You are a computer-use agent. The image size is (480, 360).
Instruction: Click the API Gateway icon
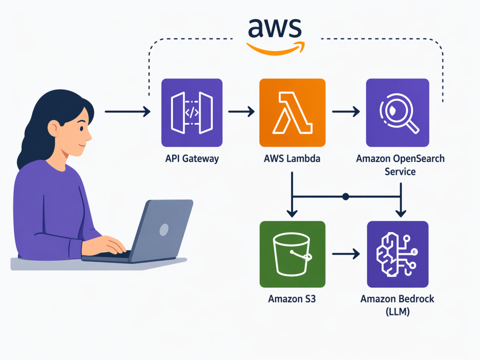click(x=192, y=112)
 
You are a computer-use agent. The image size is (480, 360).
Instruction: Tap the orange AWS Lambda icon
click(x=292, y=112)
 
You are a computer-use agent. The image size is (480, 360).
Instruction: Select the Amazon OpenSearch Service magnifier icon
click(x=397, y=112)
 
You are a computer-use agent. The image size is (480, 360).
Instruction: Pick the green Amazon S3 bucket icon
click(x=292, y=254)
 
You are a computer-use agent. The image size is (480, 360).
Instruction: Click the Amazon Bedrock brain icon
click(x=397, y=254)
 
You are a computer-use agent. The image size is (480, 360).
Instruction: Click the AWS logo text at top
click(x=275, y=28)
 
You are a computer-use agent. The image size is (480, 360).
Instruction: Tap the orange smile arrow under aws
click(x=276, y=48)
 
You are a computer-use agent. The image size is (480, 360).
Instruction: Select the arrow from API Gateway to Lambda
click(x=241, y=112)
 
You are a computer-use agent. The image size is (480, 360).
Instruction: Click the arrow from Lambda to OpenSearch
click(x=346, y=112)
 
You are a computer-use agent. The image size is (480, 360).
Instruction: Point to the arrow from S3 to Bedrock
click(x=346, y=254)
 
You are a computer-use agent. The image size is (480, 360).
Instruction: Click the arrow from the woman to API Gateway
click(x=127, y=112)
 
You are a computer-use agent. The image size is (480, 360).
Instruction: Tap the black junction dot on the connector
click(x=345, y=196)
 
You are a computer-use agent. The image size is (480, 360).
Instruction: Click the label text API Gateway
click(x=192, y=158)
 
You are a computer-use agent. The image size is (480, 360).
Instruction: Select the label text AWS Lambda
click(x=292, y=158)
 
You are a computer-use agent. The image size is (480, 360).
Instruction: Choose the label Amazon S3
click(x=292, y=299)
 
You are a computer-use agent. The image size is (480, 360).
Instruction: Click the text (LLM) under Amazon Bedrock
click(x=397, y=312)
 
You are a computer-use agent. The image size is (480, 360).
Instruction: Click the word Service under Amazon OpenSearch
click(x=400, y=172)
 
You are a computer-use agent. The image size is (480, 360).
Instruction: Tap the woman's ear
click(x=53, y=129)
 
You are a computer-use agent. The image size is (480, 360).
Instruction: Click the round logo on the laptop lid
click(x=164, y=230)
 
